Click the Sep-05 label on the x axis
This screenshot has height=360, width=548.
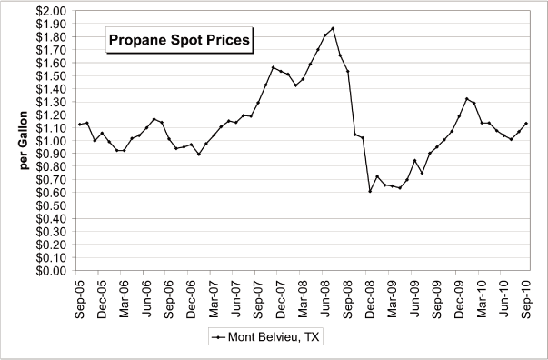[80, 295]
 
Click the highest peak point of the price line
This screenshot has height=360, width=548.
[333, 28]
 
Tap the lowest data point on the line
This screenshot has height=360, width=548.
[370, 191]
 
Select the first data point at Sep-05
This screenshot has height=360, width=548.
[80, 125]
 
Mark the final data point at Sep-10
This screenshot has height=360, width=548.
[526, 124]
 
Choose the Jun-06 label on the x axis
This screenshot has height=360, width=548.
[147, 295]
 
